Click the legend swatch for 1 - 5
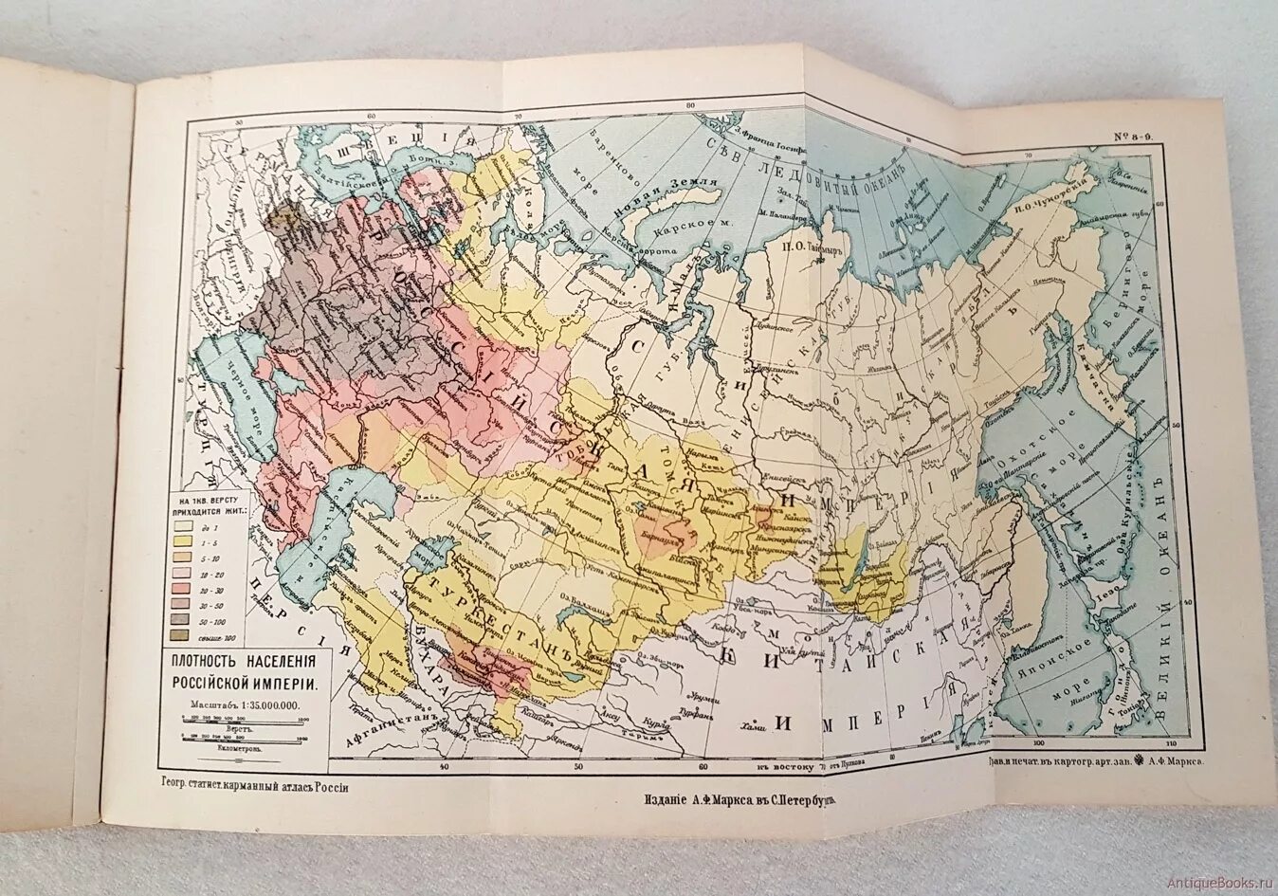click(x=178, y=539)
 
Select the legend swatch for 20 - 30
click(x=178, y=588)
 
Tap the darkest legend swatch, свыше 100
click(x=178, y=636)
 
